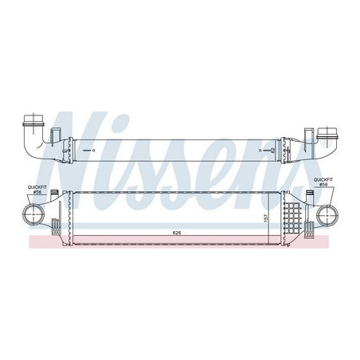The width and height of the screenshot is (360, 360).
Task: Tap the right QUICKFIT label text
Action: [323, 181]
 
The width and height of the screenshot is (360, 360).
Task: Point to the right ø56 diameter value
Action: [323, 187]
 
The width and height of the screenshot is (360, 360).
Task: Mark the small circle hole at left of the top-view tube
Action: [94, 150]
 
